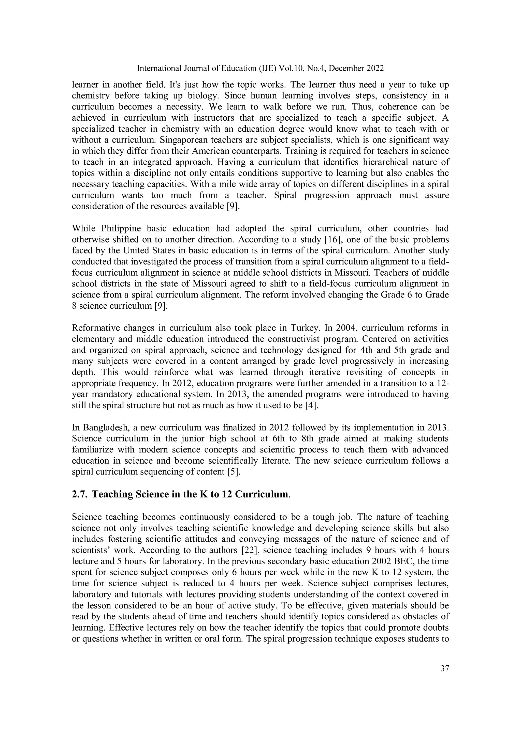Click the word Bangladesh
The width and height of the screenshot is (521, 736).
103,428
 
